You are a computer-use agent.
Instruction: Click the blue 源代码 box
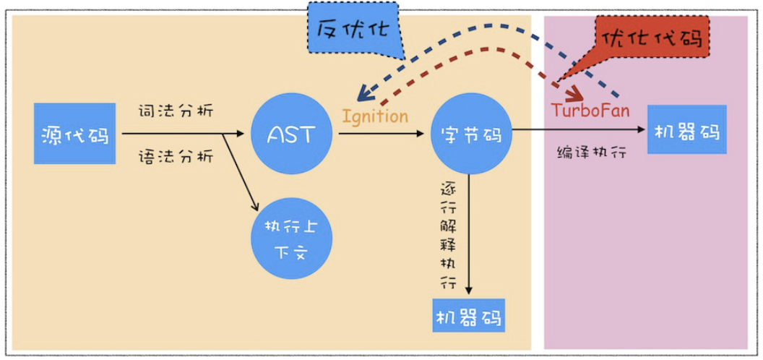click(x=74, y=134)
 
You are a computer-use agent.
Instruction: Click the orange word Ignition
click(x=375, y=116)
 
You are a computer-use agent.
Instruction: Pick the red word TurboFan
click(x=590, y=111)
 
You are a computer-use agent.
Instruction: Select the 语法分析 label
click(x=176, y=156)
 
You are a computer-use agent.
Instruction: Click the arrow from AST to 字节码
click(x=383, y=134)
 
